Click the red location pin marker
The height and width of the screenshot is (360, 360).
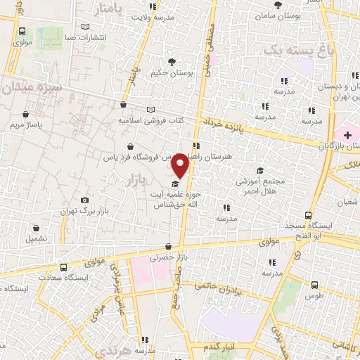[181, 165]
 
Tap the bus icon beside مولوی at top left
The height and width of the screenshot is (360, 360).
[22, 32]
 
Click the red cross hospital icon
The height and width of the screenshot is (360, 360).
[347, 134]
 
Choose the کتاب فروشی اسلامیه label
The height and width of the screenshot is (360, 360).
[151, 120]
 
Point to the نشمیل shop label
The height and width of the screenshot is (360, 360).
[36, 238]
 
